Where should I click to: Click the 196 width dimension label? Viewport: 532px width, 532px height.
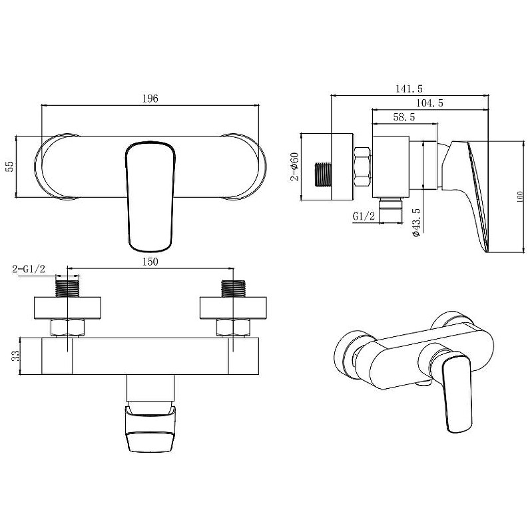click(x=150, y=99)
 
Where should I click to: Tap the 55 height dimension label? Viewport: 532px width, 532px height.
click(x=10, y=166)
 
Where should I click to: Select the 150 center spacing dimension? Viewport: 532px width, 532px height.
click(x=150, y=262)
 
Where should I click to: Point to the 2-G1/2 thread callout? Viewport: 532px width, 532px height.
click(x=29, y=270)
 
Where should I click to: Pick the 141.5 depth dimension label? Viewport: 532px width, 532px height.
click(x=409, y=89)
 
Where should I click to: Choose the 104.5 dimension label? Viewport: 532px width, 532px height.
click(x=429, y=103)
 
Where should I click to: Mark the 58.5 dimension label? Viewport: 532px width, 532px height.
click(x=403, y=117)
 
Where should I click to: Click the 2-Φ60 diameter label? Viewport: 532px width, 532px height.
click(x=294, y=166)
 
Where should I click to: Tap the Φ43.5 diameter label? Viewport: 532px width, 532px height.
click(x=416, y=222)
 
